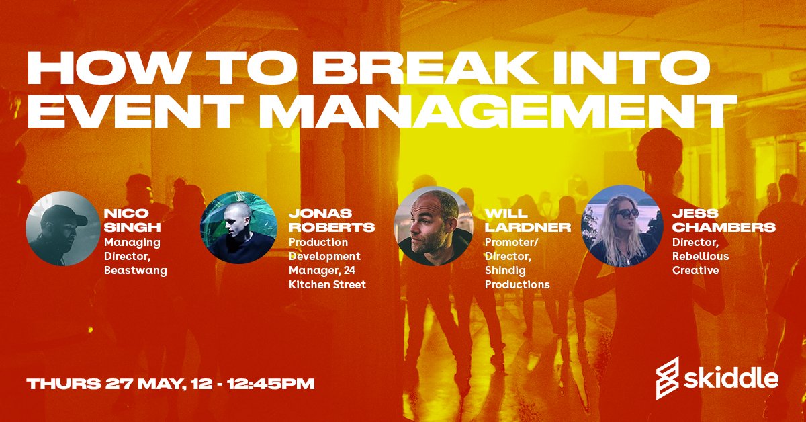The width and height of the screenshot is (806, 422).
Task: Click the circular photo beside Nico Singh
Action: (x=63, y=228)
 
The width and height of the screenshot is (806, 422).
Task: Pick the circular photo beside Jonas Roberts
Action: (x=238, y=228)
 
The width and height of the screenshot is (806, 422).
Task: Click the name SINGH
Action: (x=132, y=227)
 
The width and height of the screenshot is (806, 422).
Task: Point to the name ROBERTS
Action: (x=332, y=227)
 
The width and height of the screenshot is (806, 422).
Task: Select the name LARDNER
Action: (x=527, y=227)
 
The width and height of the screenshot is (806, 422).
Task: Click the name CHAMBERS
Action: (x=724, y=227)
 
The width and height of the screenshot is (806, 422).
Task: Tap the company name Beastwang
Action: (x=136, y=271)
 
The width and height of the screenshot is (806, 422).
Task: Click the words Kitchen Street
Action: (x=327, y=284)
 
